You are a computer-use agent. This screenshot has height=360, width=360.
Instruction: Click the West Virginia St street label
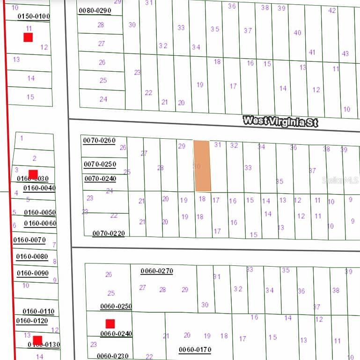pyautogui.click(x=280, y=121)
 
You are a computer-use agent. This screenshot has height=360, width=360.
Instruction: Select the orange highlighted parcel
pyautogui.click(x=202, y=166)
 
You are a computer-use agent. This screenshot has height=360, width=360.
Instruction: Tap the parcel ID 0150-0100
pyautogui.click(x=34, y=16)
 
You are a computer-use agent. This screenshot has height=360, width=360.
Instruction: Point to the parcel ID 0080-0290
pyautogui.click(x=95, y=10)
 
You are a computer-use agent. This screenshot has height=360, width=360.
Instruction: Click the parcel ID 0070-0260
pyautogui.click(x=99, y=140)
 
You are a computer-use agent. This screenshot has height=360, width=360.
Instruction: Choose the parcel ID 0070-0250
pyautogui.click(x=100, y=164)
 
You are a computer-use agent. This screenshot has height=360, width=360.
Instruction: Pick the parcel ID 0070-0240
pyautogui.click(x=100, y=179)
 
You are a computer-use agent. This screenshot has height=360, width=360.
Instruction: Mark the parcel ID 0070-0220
pyautogui.click(x=109, y=233)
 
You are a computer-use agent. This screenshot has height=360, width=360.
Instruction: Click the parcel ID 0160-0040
pyautogui.click(x=39, y=188)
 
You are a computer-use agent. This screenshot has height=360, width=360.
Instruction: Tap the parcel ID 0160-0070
pyautogui.click(x=29, y=240)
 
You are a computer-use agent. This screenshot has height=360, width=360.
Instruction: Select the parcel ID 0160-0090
pyautogui.click(x=32, y=273)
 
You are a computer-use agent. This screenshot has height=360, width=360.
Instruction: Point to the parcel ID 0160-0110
pyautogui.click(x=38, y=311)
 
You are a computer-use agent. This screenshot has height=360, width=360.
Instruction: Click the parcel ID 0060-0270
pyautogui.click(x=157, y=271)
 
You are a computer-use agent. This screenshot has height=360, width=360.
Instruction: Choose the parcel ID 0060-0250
pyautogui.click(x=116, y=307)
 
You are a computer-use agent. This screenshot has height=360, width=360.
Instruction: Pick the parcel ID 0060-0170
pyautogui.click(x=195, y=349)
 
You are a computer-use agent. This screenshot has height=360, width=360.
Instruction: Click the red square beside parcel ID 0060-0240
pyautogui.click(x=110, y=323)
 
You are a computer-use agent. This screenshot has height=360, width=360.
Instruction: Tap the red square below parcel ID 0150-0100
pyautogui.click(x=28, y=37)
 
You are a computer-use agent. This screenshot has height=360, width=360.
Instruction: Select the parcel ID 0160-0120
pyautogui.click(x=32, y=321)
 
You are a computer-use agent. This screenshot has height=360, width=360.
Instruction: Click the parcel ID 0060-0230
pyautogui.click(x=113, y=356)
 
